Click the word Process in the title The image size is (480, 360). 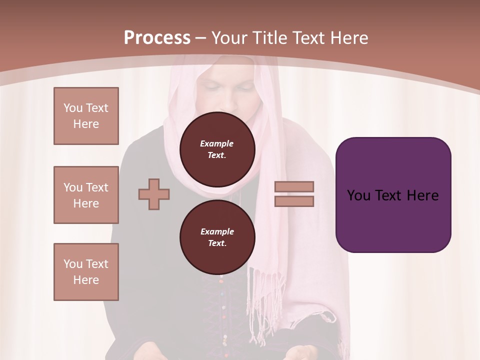pyautogui.click(x=157, y=37)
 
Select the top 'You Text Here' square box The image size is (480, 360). pyautogui.click(x=86, y=116)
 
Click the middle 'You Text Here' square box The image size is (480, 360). pyautogui.click(x=86, y=195)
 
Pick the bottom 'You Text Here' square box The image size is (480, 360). pyautogui.click(x=86, y=272)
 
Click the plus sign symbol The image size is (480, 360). pyautogui.click(x=154, y=194)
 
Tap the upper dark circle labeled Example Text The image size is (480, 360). pyautogui.click(x=217, y=149)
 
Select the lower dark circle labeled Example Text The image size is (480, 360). pyautogui.click(x=217, y=237)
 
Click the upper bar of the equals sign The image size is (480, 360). pyautogui.click(x=294, y=187)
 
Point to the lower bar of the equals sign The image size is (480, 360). pyautogui.click(x=294, y=201)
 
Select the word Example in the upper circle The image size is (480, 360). pyautogui.click(x=216, y=143)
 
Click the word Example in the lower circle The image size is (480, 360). pyautogui.click(x=216, y=231)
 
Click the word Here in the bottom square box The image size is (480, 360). pyautogui.click(x=86, y=280)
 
